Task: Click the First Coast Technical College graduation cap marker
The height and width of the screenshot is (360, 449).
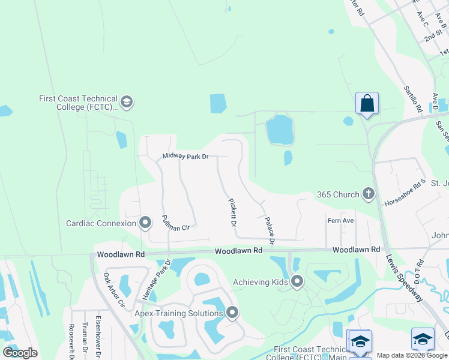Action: point(126,103)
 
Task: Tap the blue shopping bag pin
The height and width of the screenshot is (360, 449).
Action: point(367,103)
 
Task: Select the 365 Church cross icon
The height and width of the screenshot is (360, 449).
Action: point(368,194)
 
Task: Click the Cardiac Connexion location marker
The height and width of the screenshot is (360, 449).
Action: point(145,223)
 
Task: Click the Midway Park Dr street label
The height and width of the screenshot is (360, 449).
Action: point(185,157)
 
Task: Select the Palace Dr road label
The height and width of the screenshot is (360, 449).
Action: point(270,230)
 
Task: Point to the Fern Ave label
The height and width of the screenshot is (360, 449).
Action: point(340,221)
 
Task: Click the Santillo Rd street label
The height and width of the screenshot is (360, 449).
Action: point(413,100)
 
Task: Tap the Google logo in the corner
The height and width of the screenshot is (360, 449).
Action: point(20,353)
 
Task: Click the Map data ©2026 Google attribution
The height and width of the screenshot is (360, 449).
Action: point(412,355)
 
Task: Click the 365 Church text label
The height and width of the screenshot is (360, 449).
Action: point(338,194)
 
